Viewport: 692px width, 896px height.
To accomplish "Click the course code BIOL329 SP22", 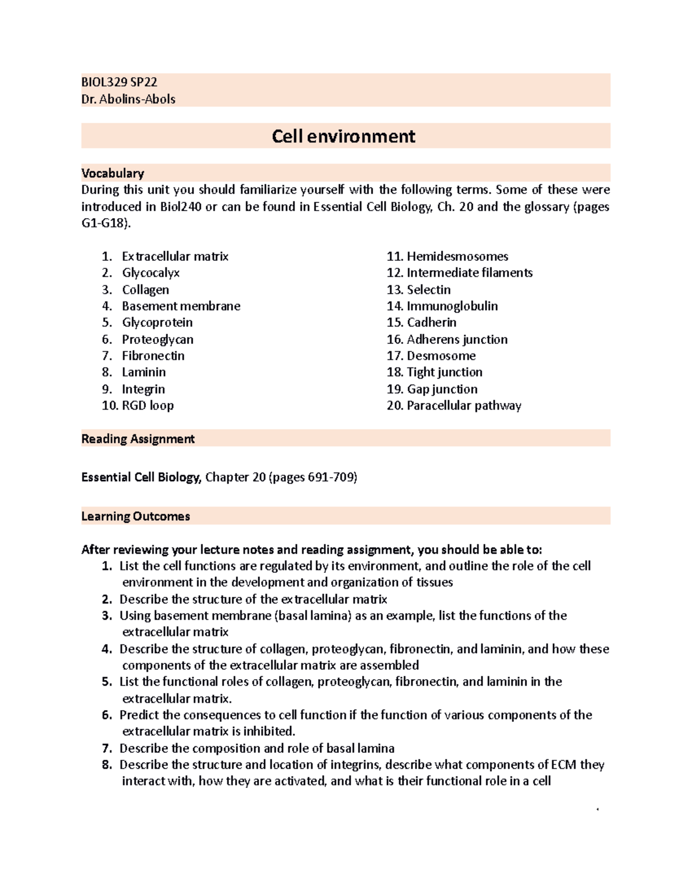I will (119, 83).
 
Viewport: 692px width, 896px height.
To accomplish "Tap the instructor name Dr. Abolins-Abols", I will (128, 99).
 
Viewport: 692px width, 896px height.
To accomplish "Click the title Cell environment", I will (343, 136).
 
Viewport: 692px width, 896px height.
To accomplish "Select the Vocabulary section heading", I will (112, 173).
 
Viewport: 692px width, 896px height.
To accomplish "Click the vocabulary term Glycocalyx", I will (151, 273).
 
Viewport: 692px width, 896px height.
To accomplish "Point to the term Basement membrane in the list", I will (180, 306).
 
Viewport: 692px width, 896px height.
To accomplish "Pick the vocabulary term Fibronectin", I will (153, 356).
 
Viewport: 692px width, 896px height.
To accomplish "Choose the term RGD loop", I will (147, 406).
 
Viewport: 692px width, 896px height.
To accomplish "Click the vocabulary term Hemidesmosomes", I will (457, 256).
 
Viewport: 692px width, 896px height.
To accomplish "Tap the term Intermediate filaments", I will (469, 273).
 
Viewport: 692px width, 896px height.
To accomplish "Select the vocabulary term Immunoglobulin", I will (452, 306).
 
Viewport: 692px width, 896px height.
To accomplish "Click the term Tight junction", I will (444, 372).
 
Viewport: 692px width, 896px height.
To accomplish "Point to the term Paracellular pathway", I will (464, 406).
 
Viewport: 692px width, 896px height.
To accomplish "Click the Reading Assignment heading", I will (138, 439).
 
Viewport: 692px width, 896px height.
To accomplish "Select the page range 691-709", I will (331, 478).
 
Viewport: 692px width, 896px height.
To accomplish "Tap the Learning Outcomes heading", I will (136, 516).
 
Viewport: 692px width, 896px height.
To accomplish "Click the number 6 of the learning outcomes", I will (106, 715).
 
